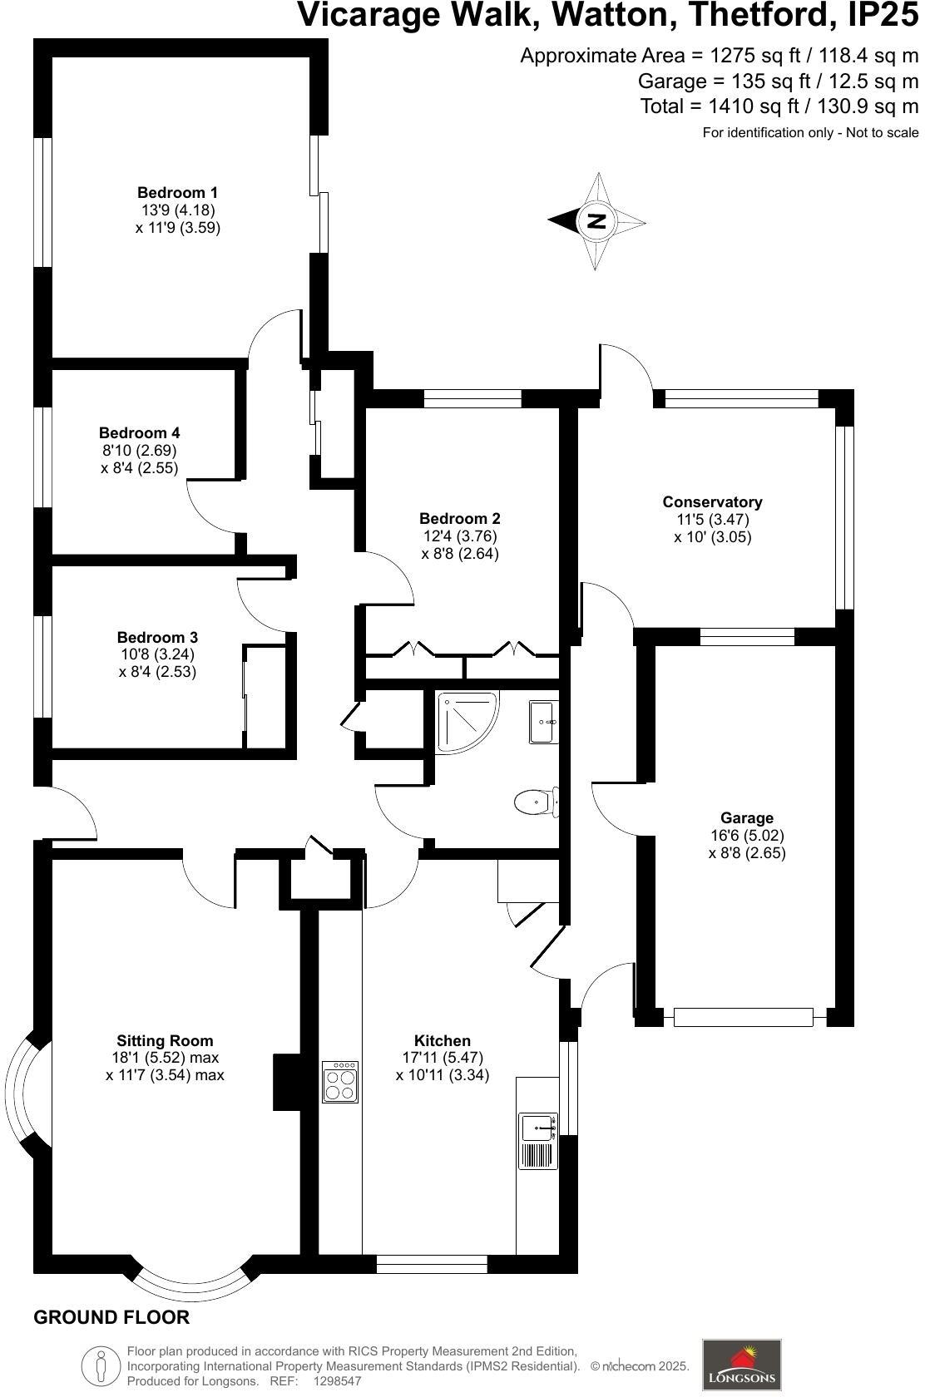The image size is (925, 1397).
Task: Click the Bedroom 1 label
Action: (177, 193)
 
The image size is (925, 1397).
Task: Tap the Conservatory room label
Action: (712, 502)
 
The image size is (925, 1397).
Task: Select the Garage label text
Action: (747, 818)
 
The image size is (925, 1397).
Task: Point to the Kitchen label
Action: (443, 1040)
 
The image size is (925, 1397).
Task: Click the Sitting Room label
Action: (165, 1040)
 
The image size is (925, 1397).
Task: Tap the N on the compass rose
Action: (596, 221)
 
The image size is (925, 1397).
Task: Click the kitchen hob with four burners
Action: (340, 1082)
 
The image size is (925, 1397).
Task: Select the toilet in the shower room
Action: (534, 802)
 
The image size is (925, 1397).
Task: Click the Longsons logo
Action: (742, 1365)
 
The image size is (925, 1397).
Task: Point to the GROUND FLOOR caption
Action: (111, 1317)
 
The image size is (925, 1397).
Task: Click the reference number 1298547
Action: (337, 1381)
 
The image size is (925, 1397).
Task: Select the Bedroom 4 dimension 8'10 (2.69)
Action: (138, 451)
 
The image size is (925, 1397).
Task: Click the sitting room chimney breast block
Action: (287, 1082)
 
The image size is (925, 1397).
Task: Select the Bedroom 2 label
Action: (460, 519)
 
